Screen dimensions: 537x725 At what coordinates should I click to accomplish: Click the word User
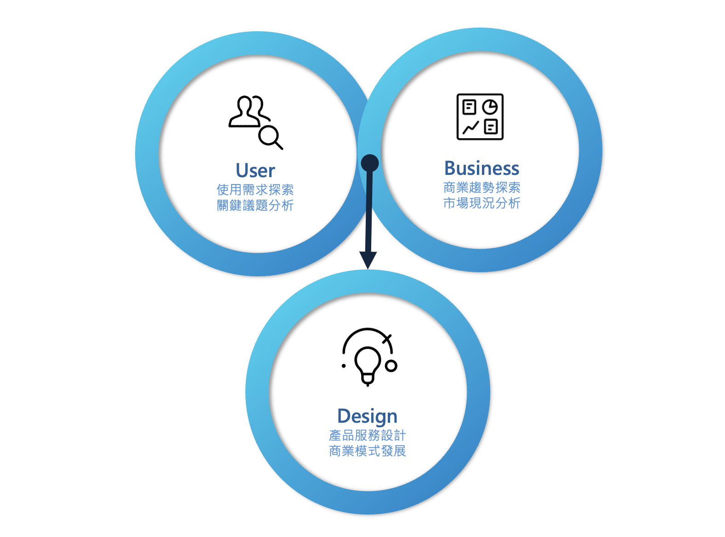click(x=255, y=171)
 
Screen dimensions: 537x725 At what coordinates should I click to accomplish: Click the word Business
click(x=481, y=168)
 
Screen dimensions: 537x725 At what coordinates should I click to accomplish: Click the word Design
click(x=367, y=416)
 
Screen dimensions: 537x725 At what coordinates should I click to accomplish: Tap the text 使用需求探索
click(x=255, y=190)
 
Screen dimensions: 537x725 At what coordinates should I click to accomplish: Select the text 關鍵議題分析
click(x=255, y=205)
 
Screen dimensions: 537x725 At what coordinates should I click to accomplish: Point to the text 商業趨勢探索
click(x=481, y=187)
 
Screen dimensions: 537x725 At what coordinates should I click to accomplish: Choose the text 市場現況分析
click(x=481, y=203)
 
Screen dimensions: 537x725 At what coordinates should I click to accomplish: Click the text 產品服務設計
click(x=367, y=435)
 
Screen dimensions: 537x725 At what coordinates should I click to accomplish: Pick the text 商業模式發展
click(x=367, y=451)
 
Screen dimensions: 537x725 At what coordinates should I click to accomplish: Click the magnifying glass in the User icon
click(x=270, y=136)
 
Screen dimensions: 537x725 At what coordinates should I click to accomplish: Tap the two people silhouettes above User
click(x=249, y=111)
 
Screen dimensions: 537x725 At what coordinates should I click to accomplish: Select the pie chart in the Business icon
click(x=490, y=107)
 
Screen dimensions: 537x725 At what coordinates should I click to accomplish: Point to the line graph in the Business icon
click(x=470, y=127)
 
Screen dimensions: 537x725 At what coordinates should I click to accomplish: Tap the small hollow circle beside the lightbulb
click(x=391, y=366)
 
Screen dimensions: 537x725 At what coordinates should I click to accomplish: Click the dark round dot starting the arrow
click(x=370, y=163)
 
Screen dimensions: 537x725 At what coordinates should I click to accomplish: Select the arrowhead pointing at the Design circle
click(x=368, y=260)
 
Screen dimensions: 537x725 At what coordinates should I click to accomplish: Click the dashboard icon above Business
click(x=480, y=117)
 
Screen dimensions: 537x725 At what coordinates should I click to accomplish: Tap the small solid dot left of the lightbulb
click(x=344, y=366)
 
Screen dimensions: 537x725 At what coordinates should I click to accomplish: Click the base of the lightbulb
click(x=367, y=380)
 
